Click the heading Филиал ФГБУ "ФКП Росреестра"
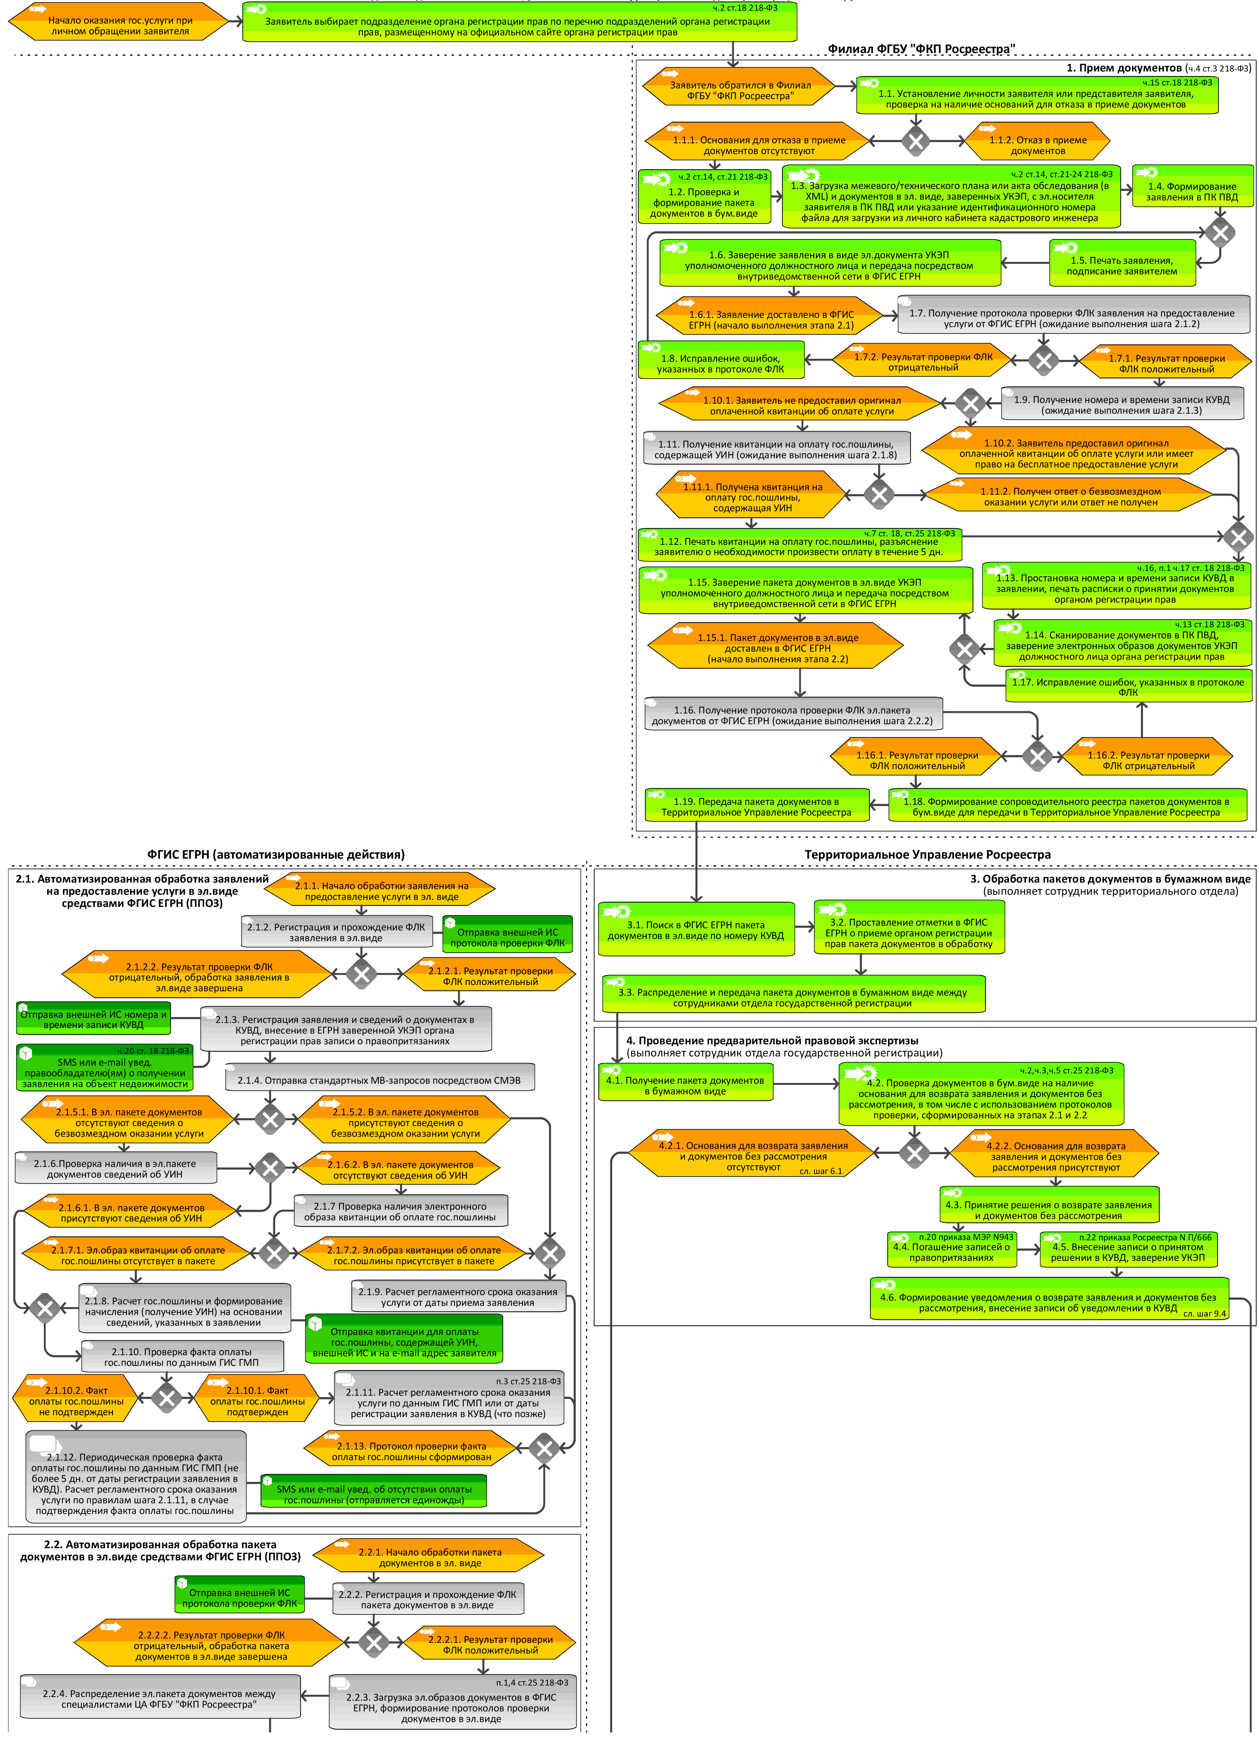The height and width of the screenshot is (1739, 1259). pos(921,49)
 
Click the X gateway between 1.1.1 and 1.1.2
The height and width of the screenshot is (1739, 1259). pos(915,141)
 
